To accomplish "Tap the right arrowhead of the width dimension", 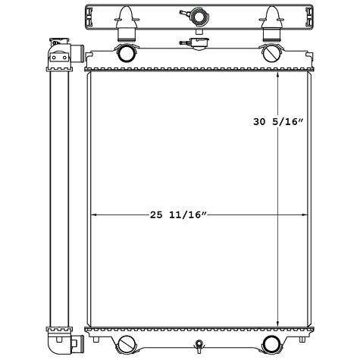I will pyautogui.click(x=306, y=215).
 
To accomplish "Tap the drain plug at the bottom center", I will pyautogui.click(x=199, y=349).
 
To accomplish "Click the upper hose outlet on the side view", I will pyautogui.click(x=76, y=54).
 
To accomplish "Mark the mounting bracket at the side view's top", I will pyautogui.click(x=58, y=44).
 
